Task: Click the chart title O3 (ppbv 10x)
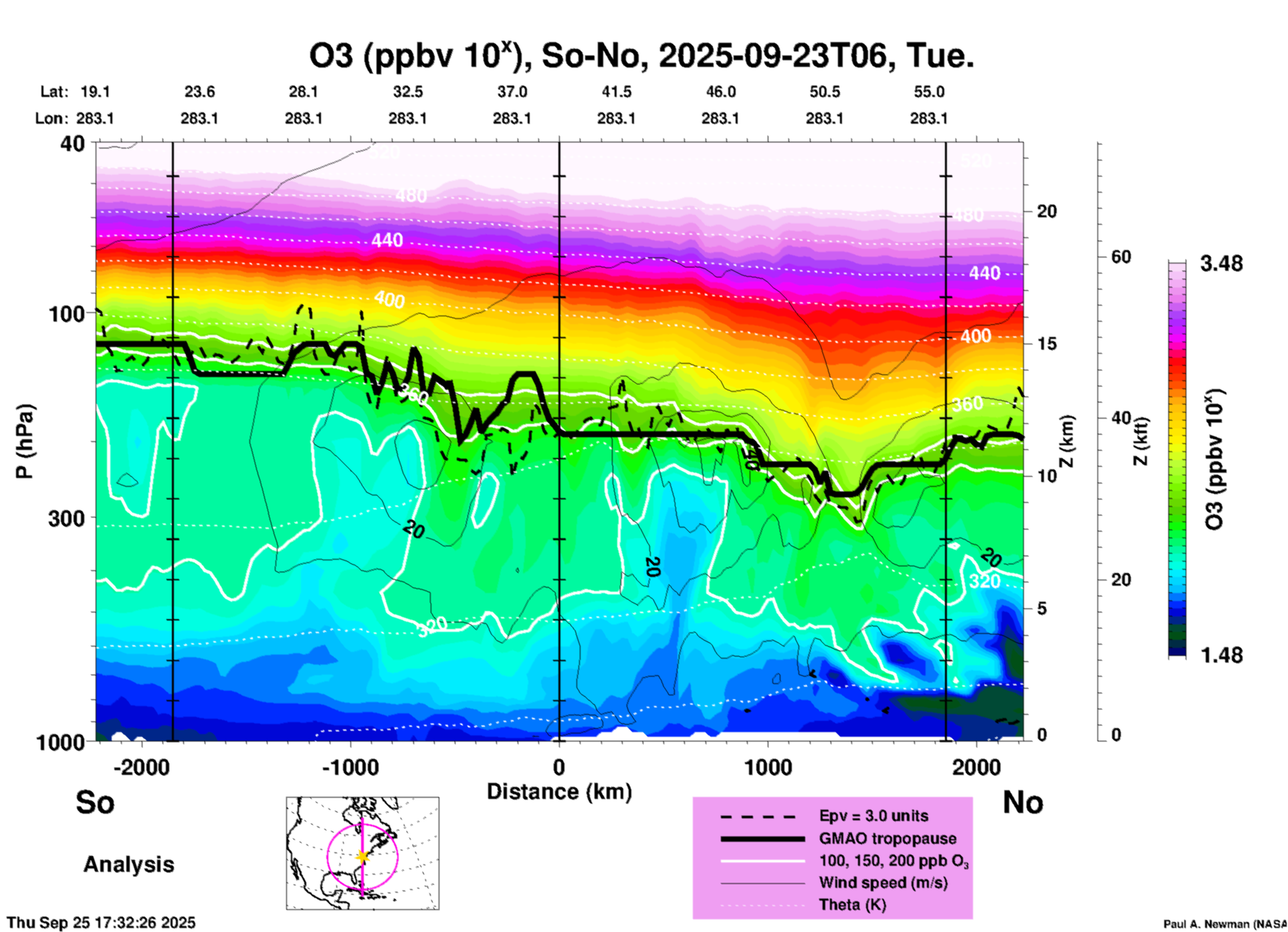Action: coord(641,56)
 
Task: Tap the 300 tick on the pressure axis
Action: coord(66,518)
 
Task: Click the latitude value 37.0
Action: coord(512,92)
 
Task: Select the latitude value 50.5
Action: coord(824,92)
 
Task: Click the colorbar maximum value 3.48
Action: coord(1221,264)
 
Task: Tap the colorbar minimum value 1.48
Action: coord(1221,655)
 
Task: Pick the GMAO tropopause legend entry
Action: coord(887,838)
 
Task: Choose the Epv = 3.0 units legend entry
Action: coord(873,816)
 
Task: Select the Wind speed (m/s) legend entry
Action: coord(883,883)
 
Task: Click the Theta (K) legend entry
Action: coord(852,905)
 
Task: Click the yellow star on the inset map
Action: coord(362,856)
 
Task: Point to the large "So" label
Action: coord(95,802)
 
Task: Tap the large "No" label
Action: coord(1023,802)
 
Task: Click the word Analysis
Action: coord(128,864)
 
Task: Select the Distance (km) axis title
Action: coord(559,792)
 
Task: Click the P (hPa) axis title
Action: coord(25,441)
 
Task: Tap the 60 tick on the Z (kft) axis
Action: coord(1121,257)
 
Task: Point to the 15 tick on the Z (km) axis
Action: coord(1047,344)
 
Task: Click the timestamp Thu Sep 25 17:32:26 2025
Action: coord(102,923)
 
